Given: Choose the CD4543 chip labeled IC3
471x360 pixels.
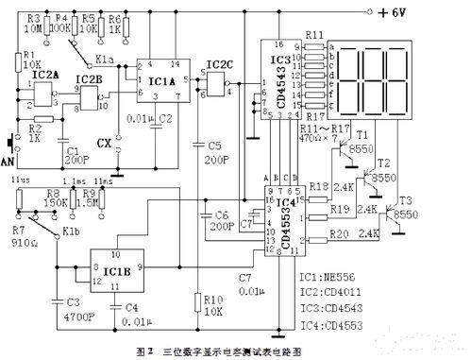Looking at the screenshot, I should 281,80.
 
